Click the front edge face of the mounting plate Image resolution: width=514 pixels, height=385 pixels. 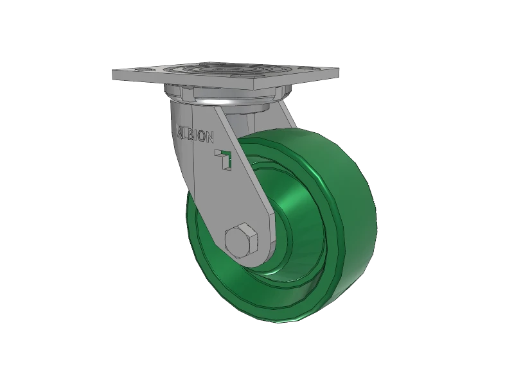click(193, 86)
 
